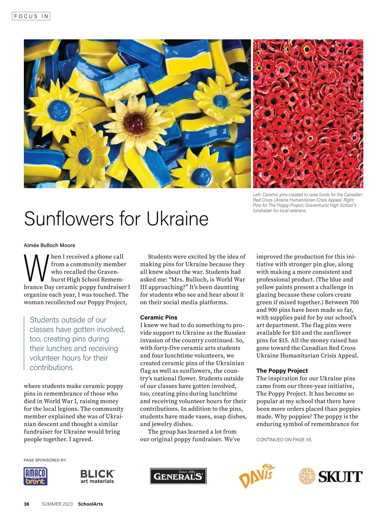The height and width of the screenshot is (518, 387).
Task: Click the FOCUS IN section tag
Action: (31, 16)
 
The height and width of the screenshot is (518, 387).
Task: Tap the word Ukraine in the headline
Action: (177, 219)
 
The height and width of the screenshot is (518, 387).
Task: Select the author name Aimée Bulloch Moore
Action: (49, 245)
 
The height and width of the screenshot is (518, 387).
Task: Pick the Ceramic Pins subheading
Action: (159, 317)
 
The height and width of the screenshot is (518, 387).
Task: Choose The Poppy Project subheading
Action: (282, 371)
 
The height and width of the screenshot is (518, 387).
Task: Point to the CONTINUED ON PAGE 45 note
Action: (284, 440)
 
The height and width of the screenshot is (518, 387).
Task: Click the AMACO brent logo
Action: (35, 476)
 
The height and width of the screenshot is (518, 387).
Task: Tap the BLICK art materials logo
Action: (97, 476)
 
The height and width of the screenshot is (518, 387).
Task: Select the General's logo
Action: (178, 476)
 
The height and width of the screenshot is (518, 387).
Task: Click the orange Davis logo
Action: (257, 475)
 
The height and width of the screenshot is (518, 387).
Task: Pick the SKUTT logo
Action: (331, 476)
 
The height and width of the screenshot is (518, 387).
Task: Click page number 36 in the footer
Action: (26, 504)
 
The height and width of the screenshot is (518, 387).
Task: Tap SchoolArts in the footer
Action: (90, 504)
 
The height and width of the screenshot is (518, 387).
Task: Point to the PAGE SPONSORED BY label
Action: (45, 460)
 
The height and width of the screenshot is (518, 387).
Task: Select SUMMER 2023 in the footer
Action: (57, 504)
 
